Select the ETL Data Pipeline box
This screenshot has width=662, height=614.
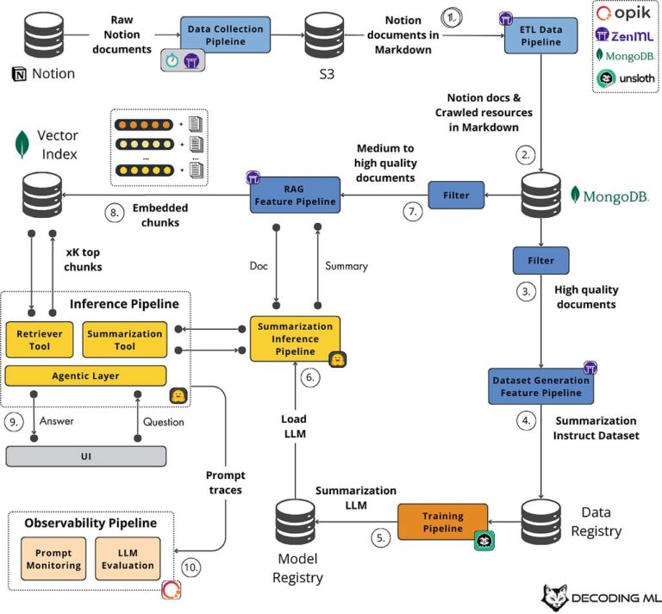540,34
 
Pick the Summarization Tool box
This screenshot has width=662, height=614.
124,339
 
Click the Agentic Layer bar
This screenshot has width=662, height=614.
85,375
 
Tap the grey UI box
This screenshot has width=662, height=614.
85,456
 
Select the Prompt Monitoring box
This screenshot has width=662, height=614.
53,560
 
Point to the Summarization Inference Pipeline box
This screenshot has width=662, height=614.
295,339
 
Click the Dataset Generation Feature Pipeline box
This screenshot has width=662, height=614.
540,387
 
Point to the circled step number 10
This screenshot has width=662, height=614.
193,567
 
